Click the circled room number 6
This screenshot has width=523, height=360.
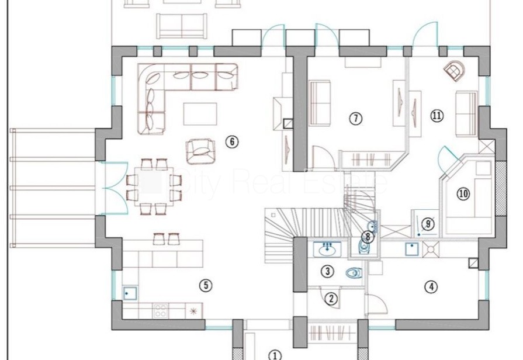pyautogui.click(x=232, y=142)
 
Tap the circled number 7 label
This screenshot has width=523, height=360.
pyautogui.click(x=355, y=118)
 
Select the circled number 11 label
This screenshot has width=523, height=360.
pyautogui.click(x=437, y=116)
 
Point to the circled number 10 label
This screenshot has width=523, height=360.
pyautogui.click(x=463, y=193)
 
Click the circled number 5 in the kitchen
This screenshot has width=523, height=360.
pyautogui.click(x=206, y=285)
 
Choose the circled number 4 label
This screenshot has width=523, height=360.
pyautogui.click(x=431, y=286)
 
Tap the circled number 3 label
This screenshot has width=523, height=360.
pyautogui.click(x=328, y=271)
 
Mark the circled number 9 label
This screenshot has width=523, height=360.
pyautogui.click(x=428, y=224)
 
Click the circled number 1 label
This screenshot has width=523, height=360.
pyautogui.click(x=275, y=355)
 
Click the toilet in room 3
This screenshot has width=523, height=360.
pyautogui.click(x=354, y=274)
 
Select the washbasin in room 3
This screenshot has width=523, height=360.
pyautogui.click(x=327, y=249)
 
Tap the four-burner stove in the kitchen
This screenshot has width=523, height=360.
pyautogui.click(x=160, y=311)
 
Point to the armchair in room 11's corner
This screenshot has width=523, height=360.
pyautogui.click(x=454, y=71)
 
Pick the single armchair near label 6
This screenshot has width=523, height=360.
pyautogui.click(x=200, y=152)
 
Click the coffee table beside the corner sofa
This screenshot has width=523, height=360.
pyautogui.click(x=200, y=114)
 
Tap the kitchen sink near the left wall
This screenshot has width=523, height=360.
pyautogui.click(x=130, y=293)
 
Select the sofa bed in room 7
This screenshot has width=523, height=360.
pyautogui.click(x=320, y=103)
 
